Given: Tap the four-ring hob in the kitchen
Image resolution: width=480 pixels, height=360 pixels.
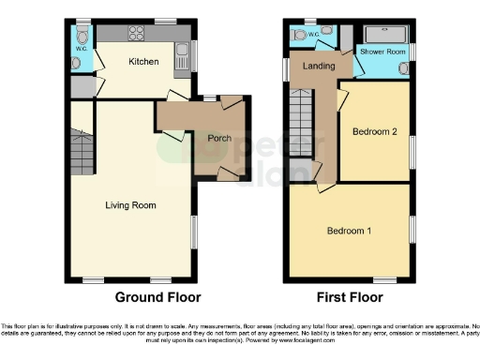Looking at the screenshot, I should pyautogui.click(x=136, y=34).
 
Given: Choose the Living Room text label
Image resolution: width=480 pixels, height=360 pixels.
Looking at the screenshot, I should pyautogui.click(x=130, y=205).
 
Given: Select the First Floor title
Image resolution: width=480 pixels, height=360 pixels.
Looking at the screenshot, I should pyautogui.click(x=350, y=298).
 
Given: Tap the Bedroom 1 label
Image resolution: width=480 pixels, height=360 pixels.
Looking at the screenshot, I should pyautogui.click(x=349, y=231).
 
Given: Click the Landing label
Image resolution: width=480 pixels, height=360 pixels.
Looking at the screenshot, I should pyautogui.click(x=311, y=66).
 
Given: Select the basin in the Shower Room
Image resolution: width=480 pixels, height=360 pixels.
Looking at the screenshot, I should pyautogui.click(x=404, y=68).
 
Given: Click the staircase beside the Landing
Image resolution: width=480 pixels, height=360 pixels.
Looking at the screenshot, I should pyautogui.click(x=302, y=122).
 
